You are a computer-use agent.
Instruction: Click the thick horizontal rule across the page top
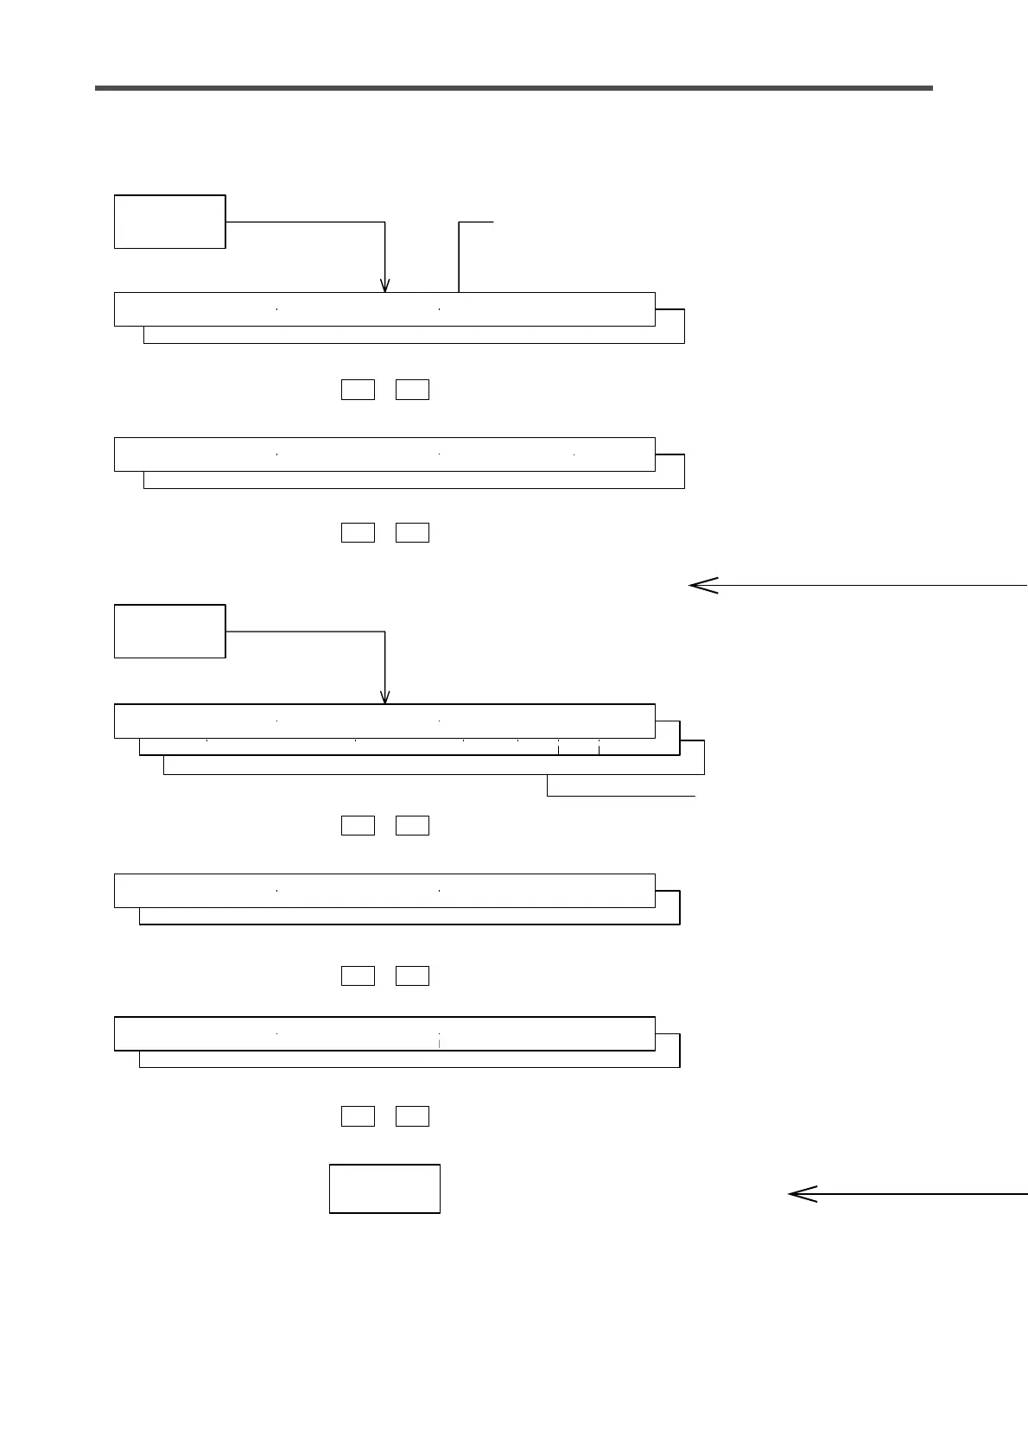click(514, 87)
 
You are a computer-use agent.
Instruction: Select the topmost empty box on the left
click(169, 222)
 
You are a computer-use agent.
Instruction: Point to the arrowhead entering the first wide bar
click(385, 285)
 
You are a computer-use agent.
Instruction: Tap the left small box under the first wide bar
click(358, 390)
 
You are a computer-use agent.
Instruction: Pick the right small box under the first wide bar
click(412, 390)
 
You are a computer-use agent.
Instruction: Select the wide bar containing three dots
click(384, 454)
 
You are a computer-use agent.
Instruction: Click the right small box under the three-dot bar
click(412, 532)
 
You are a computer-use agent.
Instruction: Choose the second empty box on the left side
click(169, 632)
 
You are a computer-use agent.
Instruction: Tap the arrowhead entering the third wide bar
click(385, 696)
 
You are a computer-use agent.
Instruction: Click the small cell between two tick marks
click(579, 747)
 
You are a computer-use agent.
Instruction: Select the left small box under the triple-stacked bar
click(358, 825)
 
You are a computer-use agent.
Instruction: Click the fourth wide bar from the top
click(384, 891)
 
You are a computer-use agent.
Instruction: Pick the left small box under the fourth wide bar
click(358, 976)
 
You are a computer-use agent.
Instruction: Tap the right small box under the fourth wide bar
click(412, 976)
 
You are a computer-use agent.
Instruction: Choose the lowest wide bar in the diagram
click(384, 1033)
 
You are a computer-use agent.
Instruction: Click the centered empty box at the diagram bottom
click(384, 1189)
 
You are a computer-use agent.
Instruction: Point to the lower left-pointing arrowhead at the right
click(803, 1195)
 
